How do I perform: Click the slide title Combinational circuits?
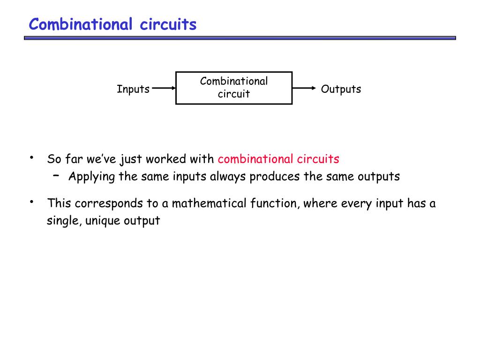112,24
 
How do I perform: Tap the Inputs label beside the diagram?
133,89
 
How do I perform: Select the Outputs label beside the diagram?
341,89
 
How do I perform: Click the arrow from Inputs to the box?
164,88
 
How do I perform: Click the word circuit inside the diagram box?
233,94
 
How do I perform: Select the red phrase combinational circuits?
278,159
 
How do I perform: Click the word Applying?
89,177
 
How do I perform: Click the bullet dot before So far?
31,157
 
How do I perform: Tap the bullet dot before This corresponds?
31,202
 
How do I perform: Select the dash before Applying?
56,175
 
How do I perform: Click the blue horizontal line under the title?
240,38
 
